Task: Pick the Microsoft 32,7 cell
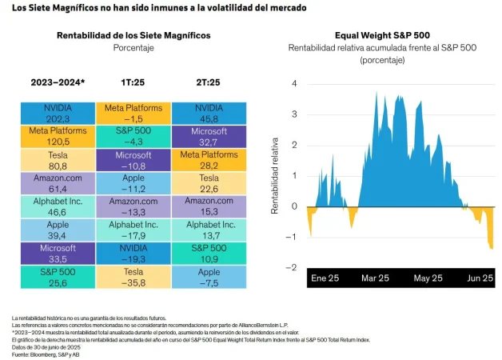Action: tap(209, 136)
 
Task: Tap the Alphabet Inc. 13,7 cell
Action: tap(209, 230)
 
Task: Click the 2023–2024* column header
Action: tap(58, 82)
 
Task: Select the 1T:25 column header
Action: tap(133, 82)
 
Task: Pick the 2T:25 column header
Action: tap(209, 82)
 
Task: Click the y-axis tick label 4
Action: tap(295, 84)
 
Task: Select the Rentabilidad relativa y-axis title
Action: tap(273, 176)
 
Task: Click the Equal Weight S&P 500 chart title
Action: tap(383, 36)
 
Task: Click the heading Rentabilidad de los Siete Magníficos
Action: tap(133, 36)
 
